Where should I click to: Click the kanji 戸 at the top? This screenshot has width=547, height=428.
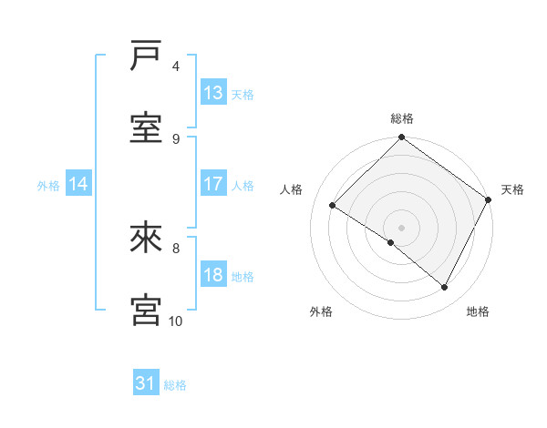(x=147, y=56)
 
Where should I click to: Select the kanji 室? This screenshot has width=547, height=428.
(x=147, y=128)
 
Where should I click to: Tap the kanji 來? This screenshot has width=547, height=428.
(x=147, y=238)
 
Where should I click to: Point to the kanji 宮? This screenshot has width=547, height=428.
(x=147, y=310)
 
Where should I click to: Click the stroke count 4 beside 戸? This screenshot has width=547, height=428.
(x=176, y=66)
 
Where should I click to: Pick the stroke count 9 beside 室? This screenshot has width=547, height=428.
(x=176, y=138)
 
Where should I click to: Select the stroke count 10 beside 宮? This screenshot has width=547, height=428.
(x=176, y=321)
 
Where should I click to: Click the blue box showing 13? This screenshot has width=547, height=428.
(x=213, y=93)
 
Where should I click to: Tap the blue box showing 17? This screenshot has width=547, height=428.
(x=213, y=184)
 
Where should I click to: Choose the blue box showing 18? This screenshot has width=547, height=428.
(x=213, y=275)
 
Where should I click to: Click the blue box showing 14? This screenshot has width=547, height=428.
(x=78, y=184)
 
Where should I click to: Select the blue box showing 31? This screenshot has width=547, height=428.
(x=146, y=384)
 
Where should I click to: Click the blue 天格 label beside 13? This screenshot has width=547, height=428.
(x=243, y=94)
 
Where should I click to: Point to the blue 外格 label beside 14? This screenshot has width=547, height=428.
(x=48, y=185)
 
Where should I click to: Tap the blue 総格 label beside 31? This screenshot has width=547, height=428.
(x=175, y=385)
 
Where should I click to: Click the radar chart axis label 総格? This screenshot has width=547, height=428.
(x=402, y=118)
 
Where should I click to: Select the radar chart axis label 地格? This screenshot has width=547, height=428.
(x=478, y=312)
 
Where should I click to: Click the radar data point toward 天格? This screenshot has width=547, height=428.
(x=489, y=199)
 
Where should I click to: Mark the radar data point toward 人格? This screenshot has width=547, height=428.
(x=333, y=206)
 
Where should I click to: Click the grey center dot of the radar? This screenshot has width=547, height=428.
(x=401, y=227)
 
